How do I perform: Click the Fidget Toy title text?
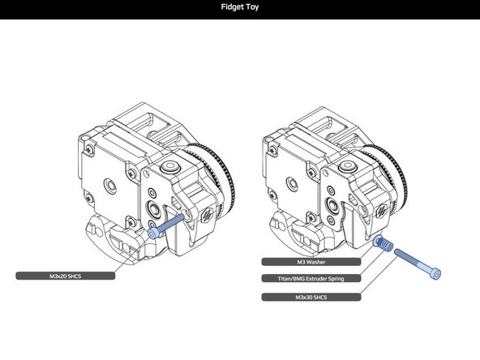(240, 9)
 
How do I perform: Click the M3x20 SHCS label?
(66, 276)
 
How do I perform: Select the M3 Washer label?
(311, 262)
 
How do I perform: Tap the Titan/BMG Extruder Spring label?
(311, 279)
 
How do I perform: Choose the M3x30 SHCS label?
(311, 297)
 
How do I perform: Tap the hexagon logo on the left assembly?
(208, 213)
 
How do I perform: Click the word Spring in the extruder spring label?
(333, 279)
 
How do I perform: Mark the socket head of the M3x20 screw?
(154, 231)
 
